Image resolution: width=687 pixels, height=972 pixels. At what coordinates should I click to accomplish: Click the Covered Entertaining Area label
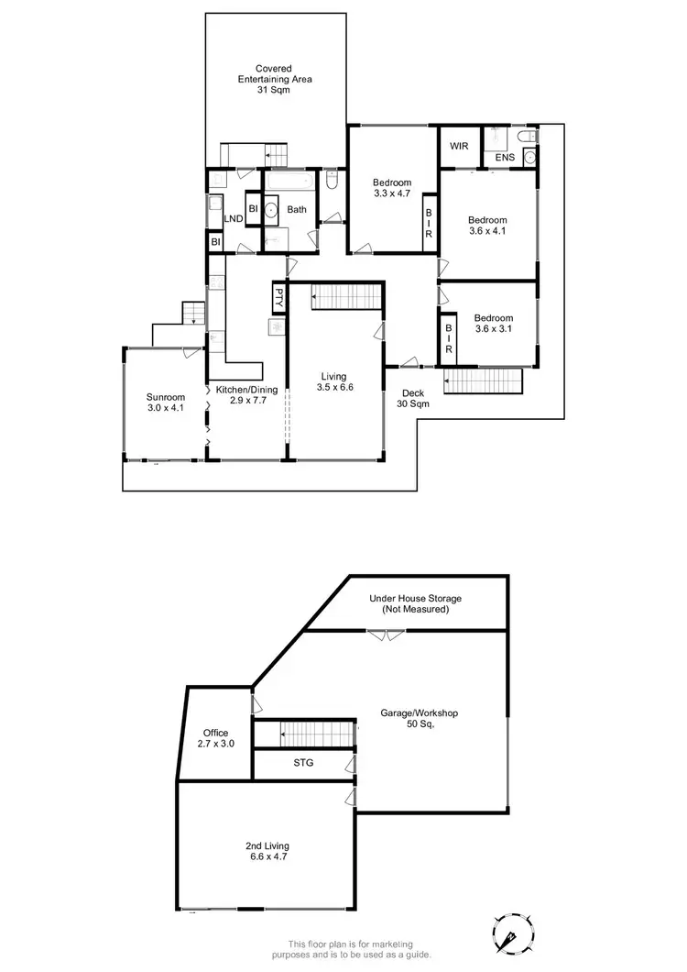tap(275, 79)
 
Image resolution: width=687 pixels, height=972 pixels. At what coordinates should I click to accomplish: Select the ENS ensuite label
tap(505, 159)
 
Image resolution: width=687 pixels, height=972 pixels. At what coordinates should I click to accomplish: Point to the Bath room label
tap(297, 210)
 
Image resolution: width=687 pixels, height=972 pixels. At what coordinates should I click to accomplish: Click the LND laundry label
tap(233, 219)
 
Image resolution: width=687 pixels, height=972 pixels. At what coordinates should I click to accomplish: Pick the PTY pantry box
tap(278, 297)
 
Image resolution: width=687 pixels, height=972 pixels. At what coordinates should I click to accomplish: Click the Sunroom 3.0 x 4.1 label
tap(165, 403)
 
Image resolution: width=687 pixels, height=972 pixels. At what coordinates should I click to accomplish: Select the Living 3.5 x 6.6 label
tap(333, 381)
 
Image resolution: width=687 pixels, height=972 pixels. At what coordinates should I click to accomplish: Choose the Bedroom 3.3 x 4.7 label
tap(392, 187)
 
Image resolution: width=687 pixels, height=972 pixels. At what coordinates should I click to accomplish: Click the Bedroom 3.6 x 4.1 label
tap(487, 226)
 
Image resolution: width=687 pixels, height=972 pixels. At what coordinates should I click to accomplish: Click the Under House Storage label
tap(415, 603)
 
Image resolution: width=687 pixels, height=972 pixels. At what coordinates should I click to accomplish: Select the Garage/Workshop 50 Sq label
tap(419, 718)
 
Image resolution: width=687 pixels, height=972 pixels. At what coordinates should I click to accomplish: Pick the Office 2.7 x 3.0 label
tap(217, 738)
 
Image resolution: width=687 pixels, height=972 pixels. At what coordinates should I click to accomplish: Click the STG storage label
tap(303, 762)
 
